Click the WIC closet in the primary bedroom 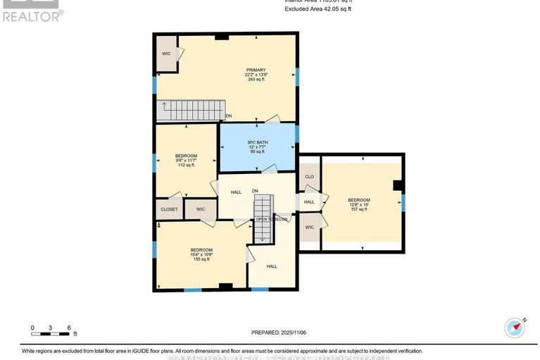coord(167,54)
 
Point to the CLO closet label coord(309,176)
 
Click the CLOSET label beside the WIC coord(168,209)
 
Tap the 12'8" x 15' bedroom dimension coord(358,204)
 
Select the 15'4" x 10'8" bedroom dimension coord(201,254)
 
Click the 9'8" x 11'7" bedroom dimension coord(186,161)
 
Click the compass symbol coord(515,328)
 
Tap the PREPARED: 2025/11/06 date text coord(280,333)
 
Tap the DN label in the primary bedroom coord(229,116)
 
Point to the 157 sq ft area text coord(358,209)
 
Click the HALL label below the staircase coord(272,266)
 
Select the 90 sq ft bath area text coord(256,151)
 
